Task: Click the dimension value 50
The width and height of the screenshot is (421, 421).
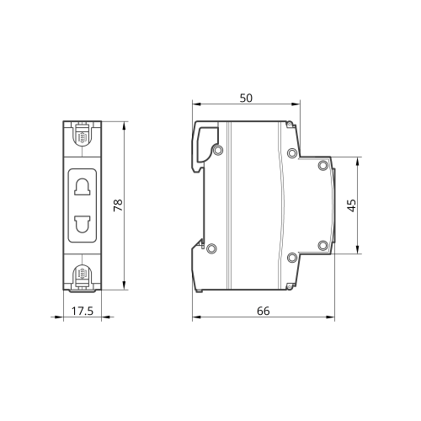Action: click(246, 98)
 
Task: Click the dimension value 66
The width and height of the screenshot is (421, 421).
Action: click(264, 311)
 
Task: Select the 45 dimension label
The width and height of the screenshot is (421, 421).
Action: click(351, 205)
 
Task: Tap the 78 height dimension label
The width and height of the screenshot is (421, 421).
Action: click(118, 205)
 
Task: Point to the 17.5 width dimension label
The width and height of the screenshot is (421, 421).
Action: click(83, 311)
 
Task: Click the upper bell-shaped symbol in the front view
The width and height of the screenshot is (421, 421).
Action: click(83, 187)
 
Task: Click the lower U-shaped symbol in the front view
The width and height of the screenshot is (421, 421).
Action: click(83, 224)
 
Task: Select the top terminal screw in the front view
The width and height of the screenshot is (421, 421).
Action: click(83, 136)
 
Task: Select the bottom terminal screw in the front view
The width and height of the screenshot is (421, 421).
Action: click(82, 274)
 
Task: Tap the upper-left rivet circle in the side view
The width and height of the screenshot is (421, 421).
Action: click(217, 150)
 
